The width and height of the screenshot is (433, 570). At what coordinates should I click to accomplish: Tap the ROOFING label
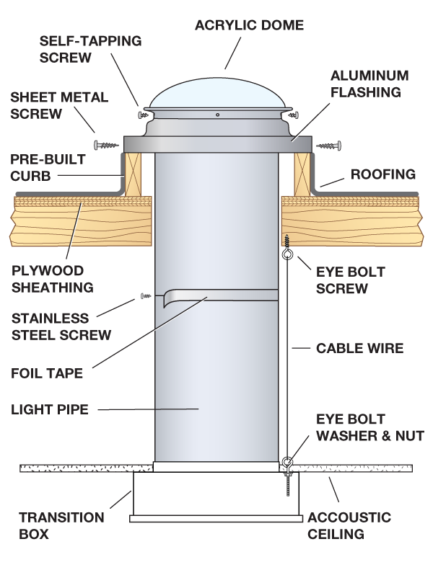[383, 174]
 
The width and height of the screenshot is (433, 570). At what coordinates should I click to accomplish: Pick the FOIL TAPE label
[47, 373]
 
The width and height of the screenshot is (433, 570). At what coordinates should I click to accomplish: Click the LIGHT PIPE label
[49, 410]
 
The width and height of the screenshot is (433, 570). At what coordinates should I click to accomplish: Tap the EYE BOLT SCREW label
[351, 280]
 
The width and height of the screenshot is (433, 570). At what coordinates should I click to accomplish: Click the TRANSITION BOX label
[61, 525]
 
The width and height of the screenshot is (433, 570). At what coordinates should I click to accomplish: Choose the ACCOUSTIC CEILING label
[349, 525]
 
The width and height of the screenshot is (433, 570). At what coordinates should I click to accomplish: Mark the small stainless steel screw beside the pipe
[144, 295]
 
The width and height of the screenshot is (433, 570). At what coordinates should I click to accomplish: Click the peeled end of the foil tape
[167, 299]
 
